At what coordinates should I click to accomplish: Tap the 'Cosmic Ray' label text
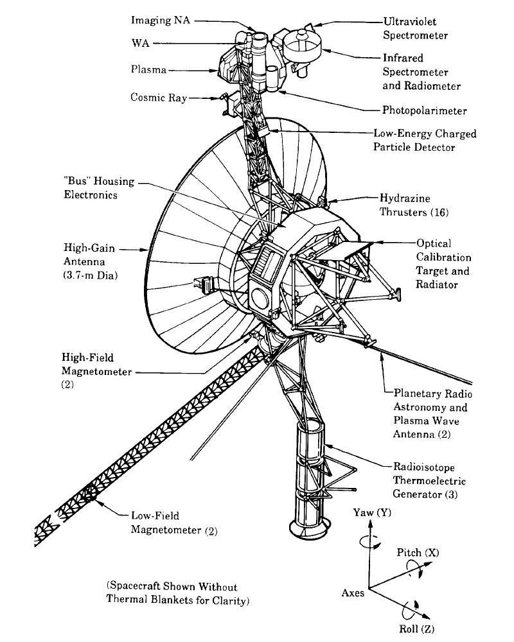[x=159, y=98]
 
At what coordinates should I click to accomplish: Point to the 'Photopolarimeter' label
[x=424, y=110]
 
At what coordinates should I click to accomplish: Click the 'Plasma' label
[x=148, y=69]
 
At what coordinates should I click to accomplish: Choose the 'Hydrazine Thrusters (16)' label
[x=414, y=205]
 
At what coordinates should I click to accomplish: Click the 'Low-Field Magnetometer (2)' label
[x=174, y=523]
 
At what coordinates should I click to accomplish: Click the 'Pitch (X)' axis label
[x=418, y=552]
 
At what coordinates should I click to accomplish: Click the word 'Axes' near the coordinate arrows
[x=353, y=593]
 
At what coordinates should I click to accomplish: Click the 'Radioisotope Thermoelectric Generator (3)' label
[x=429, y=480]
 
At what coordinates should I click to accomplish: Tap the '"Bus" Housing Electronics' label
[x=99, y=187]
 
